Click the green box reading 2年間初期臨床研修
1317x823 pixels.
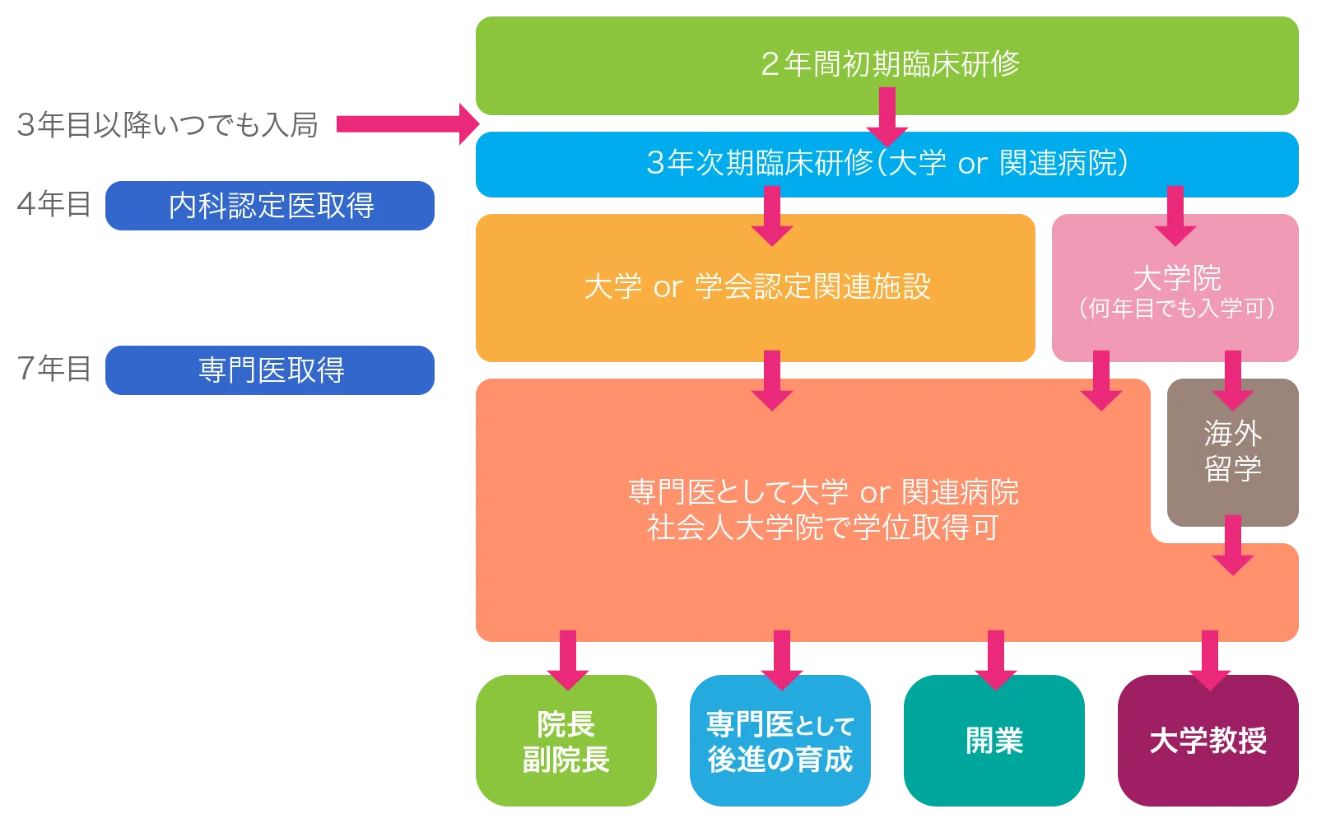coord(887,63)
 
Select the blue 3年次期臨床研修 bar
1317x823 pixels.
coord(887,164)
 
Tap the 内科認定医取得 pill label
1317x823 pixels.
coord(270,205)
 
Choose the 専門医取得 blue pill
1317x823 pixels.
coord(270,370)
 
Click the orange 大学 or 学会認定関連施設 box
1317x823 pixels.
coord(756,286)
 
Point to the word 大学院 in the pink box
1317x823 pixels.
coord(1176,278)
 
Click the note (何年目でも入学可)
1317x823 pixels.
coord(1176,309)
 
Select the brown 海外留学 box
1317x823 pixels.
coord(1232,451)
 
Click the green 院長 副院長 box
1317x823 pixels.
coord(565,741)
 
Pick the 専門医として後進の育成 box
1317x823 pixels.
coord(779,741)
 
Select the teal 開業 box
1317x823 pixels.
coord(994,741)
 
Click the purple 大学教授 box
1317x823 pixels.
coord(1208,741)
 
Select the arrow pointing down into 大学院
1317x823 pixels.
coord(1175,216)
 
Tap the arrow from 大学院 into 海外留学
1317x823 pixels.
coord(1232,380)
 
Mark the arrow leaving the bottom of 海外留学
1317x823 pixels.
coord(1232,545)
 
